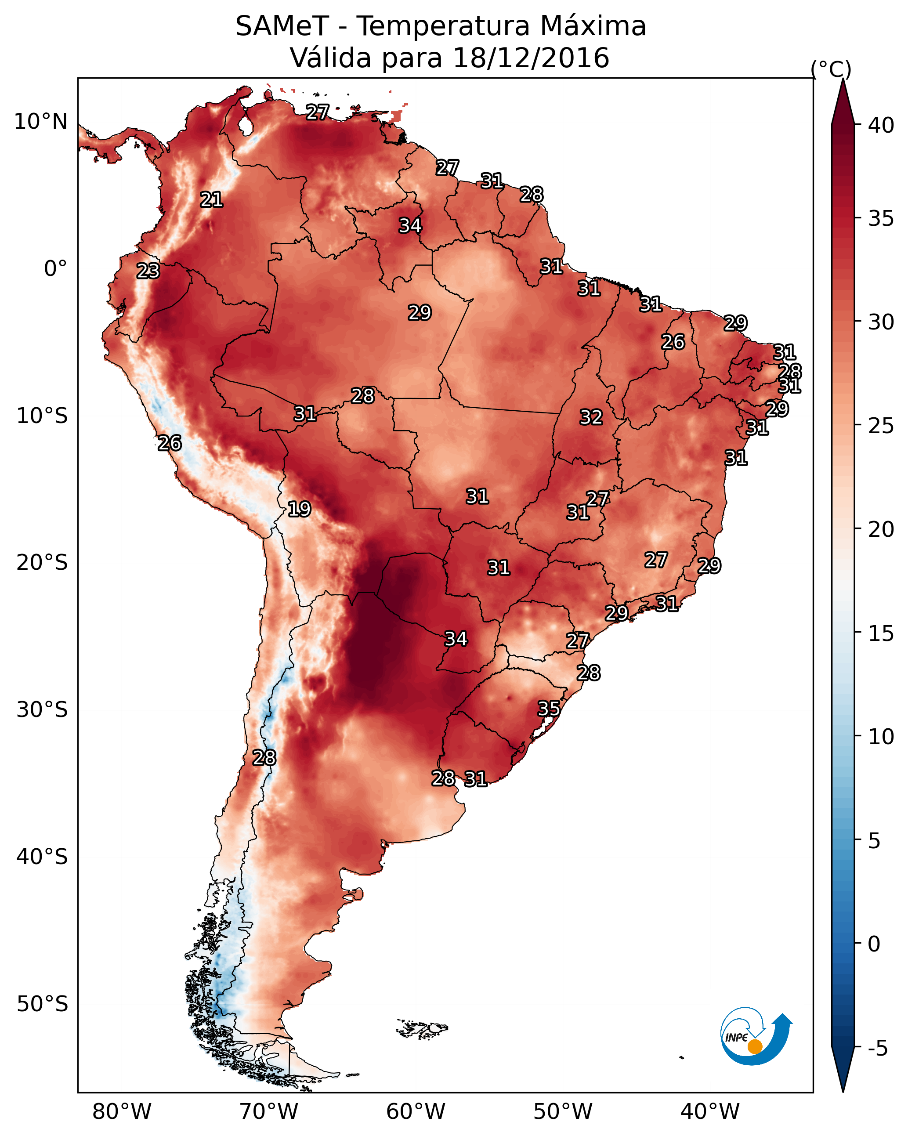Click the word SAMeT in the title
coord(282,26)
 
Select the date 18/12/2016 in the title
coord(531,58)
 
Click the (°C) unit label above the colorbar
coord(831,69)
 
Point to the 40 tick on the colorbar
coord(881,125)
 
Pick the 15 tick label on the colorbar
coord(881,633)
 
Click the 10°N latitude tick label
coord(40,122)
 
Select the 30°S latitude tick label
coord(42,710)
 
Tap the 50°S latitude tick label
coord(42,1004)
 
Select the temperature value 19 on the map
coord(299,509)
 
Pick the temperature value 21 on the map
coord(211,200)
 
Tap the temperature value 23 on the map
coord(148,271)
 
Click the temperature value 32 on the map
coord(591,417)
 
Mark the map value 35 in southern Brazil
coord(549,708)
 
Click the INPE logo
coord(756,1036)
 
